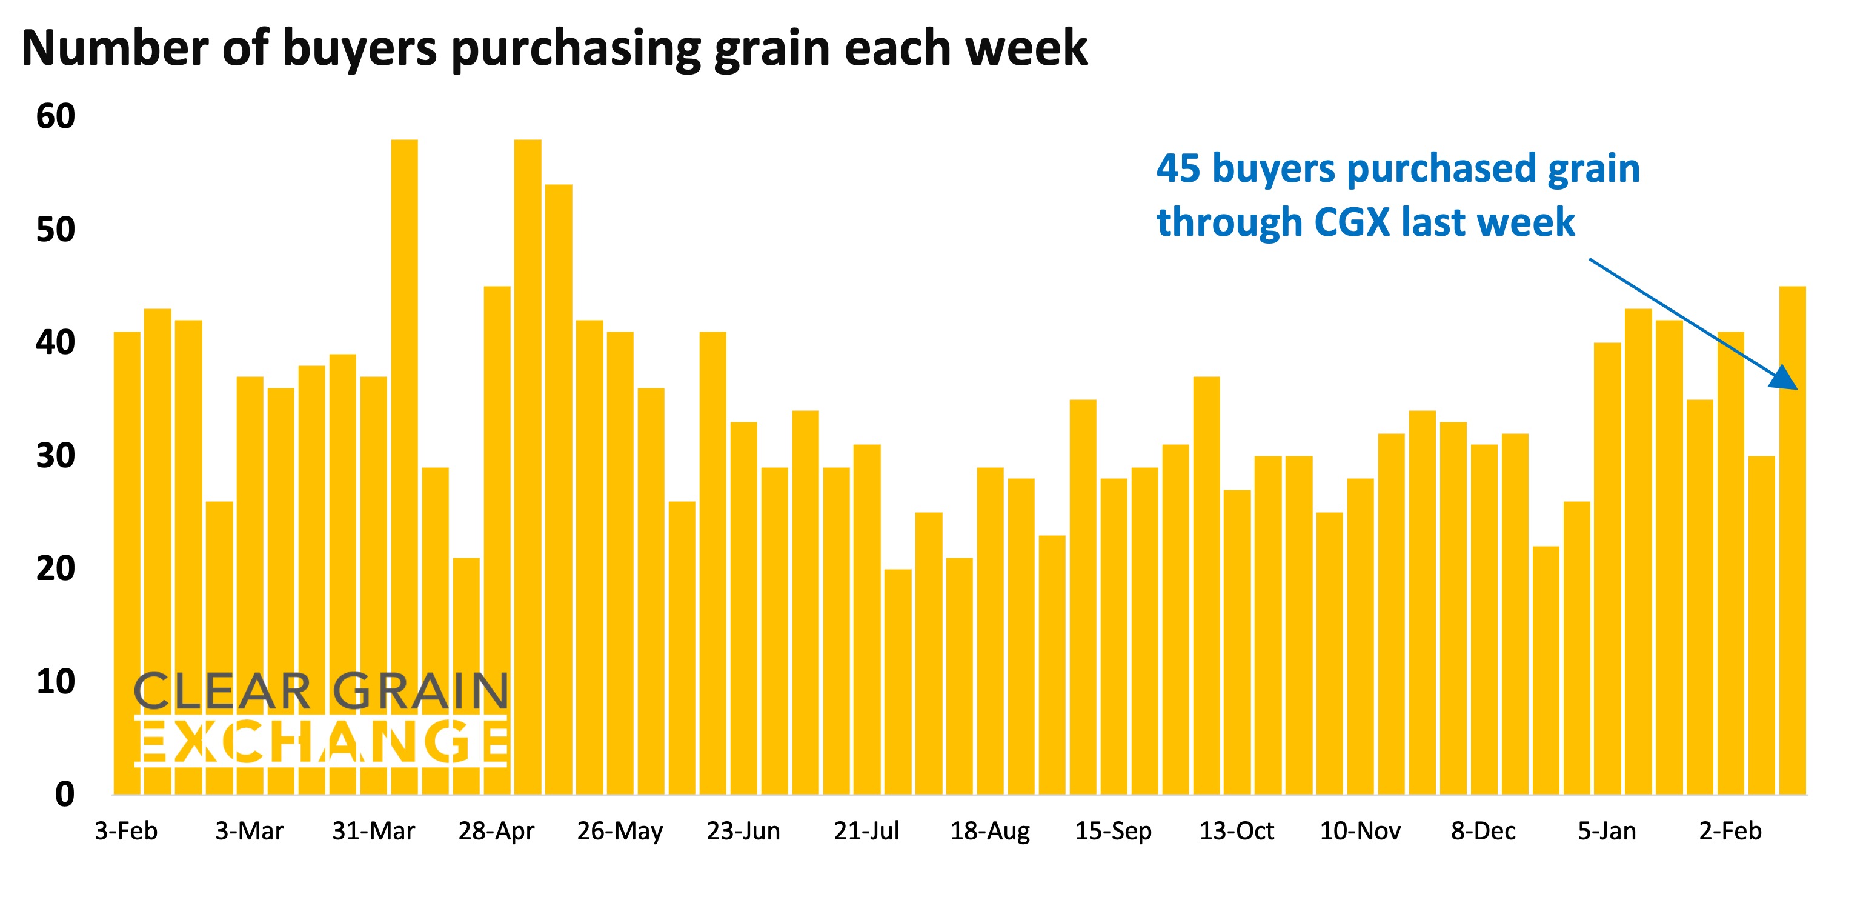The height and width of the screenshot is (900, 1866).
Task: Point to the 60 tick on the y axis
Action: pyautogui.click(x=56, y=116)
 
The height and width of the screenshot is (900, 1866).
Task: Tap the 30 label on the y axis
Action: pyautogui.click(x=56, y=456)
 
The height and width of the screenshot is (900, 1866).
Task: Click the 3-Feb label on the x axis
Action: pyautogui.click(x=126, y=830)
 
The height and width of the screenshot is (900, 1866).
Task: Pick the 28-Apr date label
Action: pyautogui.click(x=496, y=830)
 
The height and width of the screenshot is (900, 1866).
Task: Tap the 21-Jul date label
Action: pyautogui.click(x=866, y=830)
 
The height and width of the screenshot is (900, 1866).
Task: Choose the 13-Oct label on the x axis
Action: pyautogui.click(x=1237, y=830)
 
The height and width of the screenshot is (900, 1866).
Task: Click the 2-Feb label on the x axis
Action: pyautogui.click(x=1730, y=830)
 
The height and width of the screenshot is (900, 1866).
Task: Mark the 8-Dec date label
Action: pyautogui.click(x=1483, y=830)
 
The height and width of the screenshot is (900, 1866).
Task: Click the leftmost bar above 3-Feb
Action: pyautogui.click(x=127, y=565)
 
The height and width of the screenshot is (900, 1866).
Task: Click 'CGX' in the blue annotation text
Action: pyautogui.click(x=1352, y=222)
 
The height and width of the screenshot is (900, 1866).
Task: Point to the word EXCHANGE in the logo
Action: pyautogui.click(x=321, y=741)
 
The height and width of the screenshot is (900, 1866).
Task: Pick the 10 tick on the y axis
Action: pyautogui.click(x=56, y=682)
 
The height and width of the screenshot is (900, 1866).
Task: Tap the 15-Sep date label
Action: pyautogui.click(x=1113, y=830)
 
